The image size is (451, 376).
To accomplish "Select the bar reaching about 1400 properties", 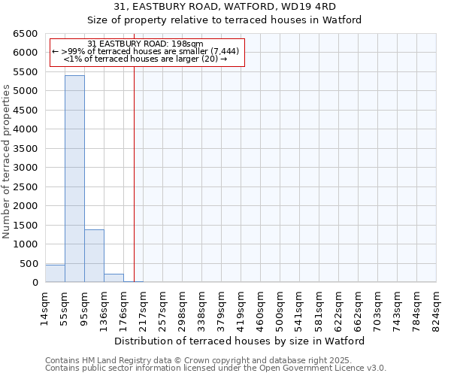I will tap(94, 256).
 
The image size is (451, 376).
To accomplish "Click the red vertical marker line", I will tap(134, 165).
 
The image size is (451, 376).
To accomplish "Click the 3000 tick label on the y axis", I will tap(26, 168).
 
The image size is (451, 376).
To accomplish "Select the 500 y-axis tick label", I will tap(29, 263).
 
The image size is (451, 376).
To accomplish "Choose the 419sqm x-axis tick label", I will tap(238, 309).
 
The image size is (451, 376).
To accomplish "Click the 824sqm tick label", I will tap(434, 309).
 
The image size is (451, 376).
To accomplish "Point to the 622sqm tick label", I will tap(337, 309).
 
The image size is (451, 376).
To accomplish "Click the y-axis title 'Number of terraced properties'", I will tap(8, 162).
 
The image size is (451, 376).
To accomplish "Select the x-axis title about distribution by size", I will tap(240, 341).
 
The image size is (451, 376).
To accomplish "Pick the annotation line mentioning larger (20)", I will tap(145, 59).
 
